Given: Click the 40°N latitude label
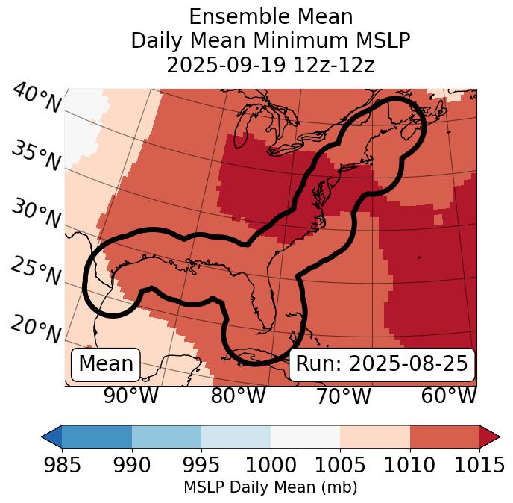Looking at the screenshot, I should pyautogui.click(x=37, y=99).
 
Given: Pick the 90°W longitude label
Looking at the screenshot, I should pyautogui.click(x=131, y=396).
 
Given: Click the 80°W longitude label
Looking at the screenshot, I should pyautogui.click(x=238, y=396).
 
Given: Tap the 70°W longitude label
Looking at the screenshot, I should pyautogui.click(x=343, y=396).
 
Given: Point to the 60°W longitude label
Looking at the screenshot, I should pyautogui.click(x=449, y=396).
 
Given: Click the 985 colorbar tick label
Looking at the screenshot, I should pyautogui.click(x=62, y=466).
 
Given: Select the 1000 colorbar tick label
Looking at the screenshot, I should pyautogui.click(x=271, y=466).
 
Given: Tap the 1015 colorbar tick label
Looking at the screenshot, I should pyautogui.click(x=479, y=466).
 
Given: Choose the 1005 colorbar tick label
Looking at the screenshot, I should pyautogui.click(x=340, y=466).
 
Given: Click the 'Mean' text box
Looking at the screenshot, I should pyautogui.click(x=106, y=364).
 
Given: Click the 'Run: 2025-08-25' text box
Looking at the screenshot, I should pyautogui.click(x=382, y=364).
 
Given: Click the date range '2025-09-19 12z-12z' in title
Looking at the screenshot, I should pyautogui.click(x=270, y=65).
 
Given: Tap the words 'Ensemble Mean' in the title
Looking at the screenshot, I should pyautogui.click(x=270, y=16).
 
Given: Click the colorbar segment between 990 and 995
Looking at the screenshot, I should pyautogui.click(x=166, y=436).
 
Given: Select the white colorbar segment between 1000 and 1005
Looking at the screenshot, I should pyautogui.click(x=305, y=436).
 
